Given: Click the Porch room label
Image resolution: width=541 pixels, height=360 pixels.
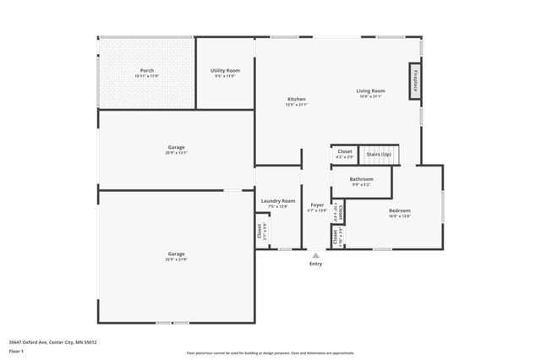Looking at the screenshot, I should pyautogui.click(x=147, y=70).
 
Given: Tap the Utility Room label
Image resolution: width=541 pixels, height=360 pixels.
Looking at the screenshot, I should pyautogui.click(x=225, y=70).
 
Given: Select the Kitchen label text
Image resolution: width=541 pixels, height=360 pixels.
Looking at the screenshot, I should pyautogui.click(x=296, y=99).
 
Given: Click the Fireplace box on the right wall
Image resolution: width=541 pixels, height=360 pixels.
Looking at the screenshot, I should pyautogui.click(x=416, y=80).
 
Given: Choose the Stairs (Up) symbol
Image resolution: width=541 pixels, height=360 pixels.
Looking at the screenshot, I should pyautogui.click(x=379, y=155).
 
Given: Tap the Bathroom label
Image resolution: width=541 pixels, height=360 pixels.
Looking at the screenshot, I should pyautogui.click(x=362, y=179).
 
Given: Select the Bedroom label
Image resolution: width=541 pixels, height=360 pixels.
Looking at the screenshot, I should pyautogui.click(x=399, y=210).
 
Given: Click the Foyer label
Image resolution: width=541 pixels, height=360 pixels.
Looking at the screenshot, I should pyautogui.click(x=317, y=205).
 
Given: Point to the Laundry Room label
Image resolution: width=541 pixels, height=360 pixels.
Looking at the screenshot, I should pyautogui.click(x=278, y=201).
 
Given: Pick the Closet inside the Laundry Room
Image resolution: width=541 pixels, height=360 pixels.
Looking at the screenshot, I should pyautogui.click(x=260, y=231).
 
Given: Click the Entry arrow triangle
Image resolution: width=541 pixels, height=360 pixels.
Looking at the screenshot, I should pyautogui.click(x=315, y=255).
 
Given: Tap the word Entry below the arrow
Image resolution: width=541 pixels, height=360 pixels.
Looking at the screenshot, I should pyautogui.click(x=315, y=265).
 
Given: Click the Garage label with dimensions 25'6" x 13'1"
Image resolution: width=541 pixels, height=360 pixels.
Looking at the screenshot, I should pyautogui.click(x=176, y=147).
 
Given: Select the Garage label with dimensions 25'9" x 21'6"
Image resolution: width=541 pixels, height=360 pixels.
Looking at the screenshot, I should pyautogui.click(x=176, y=254).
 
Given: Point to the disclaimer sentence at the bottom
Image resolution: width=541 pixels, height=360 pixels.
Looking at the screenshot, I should pyautogui.click(x=270, y=353).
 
